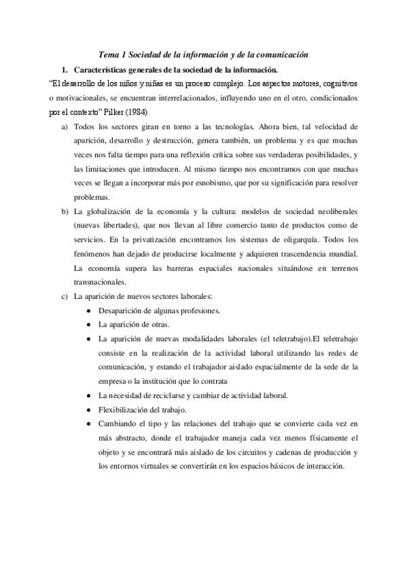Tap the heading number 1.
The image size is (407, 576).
point(64,70)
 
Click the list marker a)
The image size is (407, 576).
point(65,127)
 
